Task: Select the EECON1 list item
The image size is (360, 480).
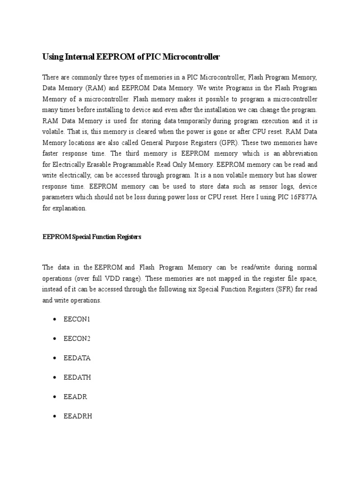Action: [77, 319]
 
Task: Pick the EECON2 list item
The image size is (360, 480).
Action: [77, 338]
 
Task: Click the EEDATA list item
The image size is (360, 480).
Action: [77, 358]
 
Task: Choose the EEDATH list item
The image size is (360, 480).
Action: [77, 377]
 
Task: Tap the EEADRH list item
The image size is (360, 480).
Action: [78, 415]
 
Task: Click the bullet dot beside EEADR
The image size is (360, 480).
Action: [55, 397]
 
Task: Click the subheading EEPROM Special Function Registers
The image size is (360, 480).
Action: [91, 237]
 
